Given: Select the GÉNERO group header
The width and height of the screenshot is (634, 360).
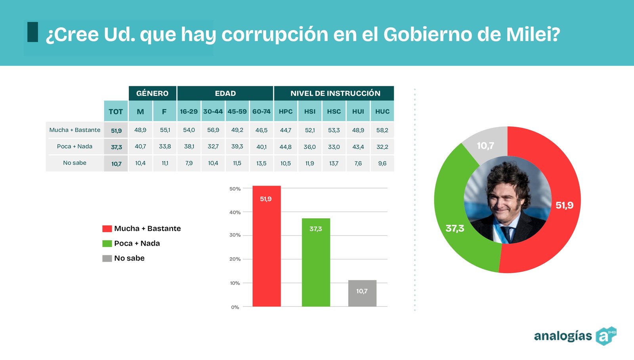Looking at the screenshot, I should click(x=152, y=93).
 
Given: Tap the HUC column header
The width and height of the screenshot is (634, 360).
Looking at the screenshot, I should click(x=382, y=111).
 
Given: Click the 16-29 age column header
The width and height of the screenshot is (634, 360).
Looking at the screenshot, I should click(x=189, y=111).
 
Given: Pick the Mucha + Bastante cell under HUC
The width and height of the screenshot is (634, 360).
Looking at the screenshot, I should click(x=382, y=130).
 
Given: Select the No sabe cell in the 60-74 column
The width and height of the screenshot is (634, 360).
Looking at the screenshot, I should click(x=261, y=163).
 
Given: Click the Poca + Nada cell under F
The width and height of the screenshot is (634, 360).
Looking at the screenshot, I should click(x=165, y=147).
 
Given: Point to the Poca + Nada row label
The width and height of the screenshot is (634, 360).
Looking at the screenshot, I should click(x=74, y=147).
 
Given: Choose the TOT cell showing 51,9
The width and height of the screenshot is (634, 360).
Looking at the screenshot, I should click(x=116, y=130).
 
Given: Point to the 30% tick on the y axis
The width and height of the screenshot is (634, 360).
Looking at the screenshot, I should click(x=235, y=235).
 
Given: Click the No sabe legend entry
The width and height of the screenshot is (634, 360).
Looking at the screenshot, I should click(x=129, y=258).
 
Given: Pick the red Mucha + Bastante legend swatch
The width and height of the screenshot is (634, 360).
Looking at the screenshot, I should click(x=107, y=229).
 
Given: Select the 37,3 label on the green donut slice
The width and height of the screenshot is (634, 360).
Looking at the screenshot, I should click(x=454, y=229).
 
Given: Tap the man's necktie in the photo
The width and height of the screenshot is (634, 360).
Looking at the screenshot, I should click(x=506, y=234).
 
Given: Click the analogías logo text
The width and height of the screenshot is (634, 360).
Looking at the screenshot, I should click(x=563, y=336).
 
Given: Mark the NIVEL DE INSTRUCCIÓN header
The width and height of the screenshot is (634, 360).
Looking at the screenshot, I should click(x=335, y=93).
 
